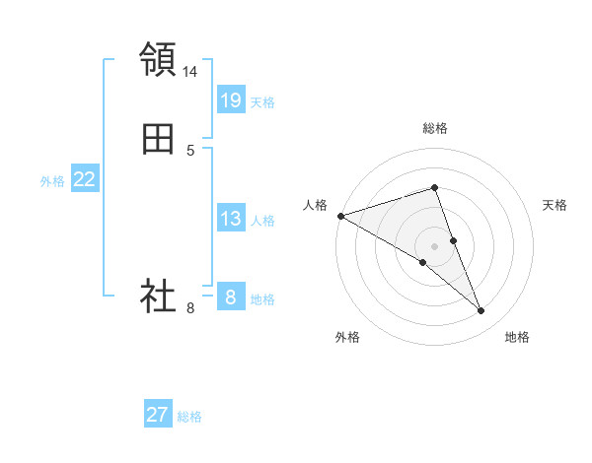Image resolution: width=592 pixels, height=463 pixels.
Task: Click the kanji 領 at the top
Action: tap(158, 59)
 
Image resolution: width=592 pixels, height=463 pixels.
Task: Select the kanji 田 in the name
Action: tap(158, 139)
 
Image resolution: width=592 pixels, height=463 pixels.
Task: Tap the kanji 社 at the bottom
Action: tap(158, 296)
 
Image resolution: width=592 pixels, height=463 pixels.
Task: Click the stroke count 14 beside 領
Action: tap(190, 72)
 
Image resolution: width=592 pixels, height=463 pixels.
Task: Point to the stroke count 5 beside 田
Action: tap(190, 151)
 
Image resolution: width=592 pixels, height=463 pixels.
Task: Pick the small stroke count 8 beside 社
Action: tap(190, 308)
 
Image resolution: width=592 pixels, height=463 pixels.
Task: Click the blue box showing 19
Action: tap(230, 100)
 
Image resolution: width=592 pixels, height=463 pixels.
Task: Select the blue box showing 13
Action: tap(230, 219)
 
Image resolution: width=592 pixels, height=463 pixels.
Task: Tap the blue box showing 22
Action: tap(85, 179)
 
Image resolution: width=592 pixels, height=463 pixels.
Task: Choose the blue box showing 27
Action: tap(158, 415)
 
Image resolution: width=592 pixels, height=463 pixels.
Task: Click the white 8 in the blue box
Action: tap(230, 297)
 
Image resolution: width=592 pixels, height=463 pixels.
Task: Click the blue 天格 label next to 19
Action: tap(262, 102)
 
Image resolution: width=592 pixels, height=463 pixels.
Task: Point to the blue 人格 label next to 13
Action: tap(262, 221)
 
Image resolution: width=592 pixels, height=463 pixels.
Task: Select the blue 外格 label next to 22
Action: tap(52, 181)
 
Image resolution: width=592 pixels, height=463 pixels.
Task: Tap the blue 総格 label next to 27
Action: tap(189, 417)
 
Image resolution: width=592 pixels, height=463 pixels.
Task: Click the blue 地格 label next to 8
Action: tap(262, 299)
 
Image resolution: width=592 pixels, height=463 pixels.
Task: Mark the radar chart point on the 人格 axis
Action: tap(340, 216)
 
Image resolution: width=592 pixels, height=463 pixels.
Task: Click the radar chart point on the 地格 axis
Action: tap(481, 311)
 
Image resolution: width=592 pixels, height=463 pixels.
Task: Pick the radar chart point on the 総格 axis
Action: tap(434, 187)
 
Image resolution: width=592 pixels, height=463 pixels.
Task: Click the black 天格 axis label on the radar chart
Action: tap(555, 205)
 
